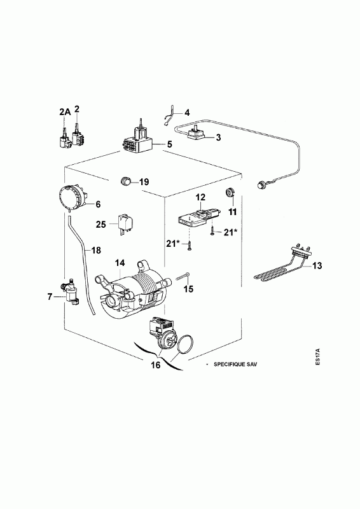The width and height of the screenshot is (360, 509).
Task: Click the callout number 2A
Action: click(x=65, y=112)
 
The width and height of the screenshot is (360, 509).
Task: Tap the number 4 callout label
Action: click(x=186, y=113)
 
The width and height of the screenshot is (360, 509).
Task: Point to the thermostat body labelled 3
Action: click(x=197, y=133)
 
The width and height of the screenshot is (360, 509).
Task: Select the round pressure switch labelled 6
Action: click(x=73, y=198)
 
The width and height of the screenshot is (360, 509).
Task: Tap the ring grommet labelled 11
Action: click(x=230, y=193)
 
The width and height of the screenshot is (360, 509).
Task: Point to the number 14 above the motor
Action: click(x=120, y=263)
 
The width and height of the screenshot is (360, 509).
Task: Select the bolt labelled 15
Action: click(x=184, y=276)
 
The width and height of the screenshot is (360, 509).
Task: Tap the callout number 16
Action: click(x=156, y=365)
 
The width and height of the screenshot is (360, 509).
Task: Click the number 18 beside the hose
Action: click(x=96, y=250)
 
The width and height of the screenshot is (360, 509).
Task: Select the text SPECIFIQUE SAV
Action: click(x=235, y=364)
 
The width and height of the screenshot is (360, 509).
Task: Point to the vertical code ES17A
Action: click(x=317, y=358)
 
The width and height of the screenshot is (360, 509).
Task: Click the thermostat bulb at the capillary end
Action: click(x=261, y=186)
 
